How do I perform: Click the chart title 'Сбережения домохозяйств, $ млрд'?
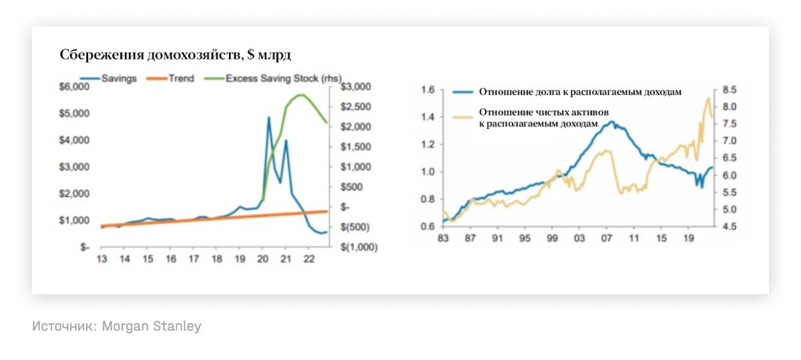[x=176, y=54]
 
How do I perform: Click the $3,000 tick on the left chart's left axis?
[x=75, y=167]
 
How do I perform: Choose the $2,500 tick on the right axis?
[x=355, y=107]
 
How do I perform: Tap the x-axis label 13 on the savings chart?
[x=102, y=259]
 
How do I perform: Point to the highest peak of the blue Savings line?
[x=268, y=118]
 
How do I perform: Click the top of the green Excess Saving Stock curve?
[x=301, y=95]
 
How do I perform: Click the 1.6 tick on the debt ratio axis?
[x=428, y=90]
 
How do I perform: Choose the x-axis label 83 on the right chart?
[x=443, y=238]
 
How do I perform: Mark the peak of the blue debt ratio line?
[x=611, y=122]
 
